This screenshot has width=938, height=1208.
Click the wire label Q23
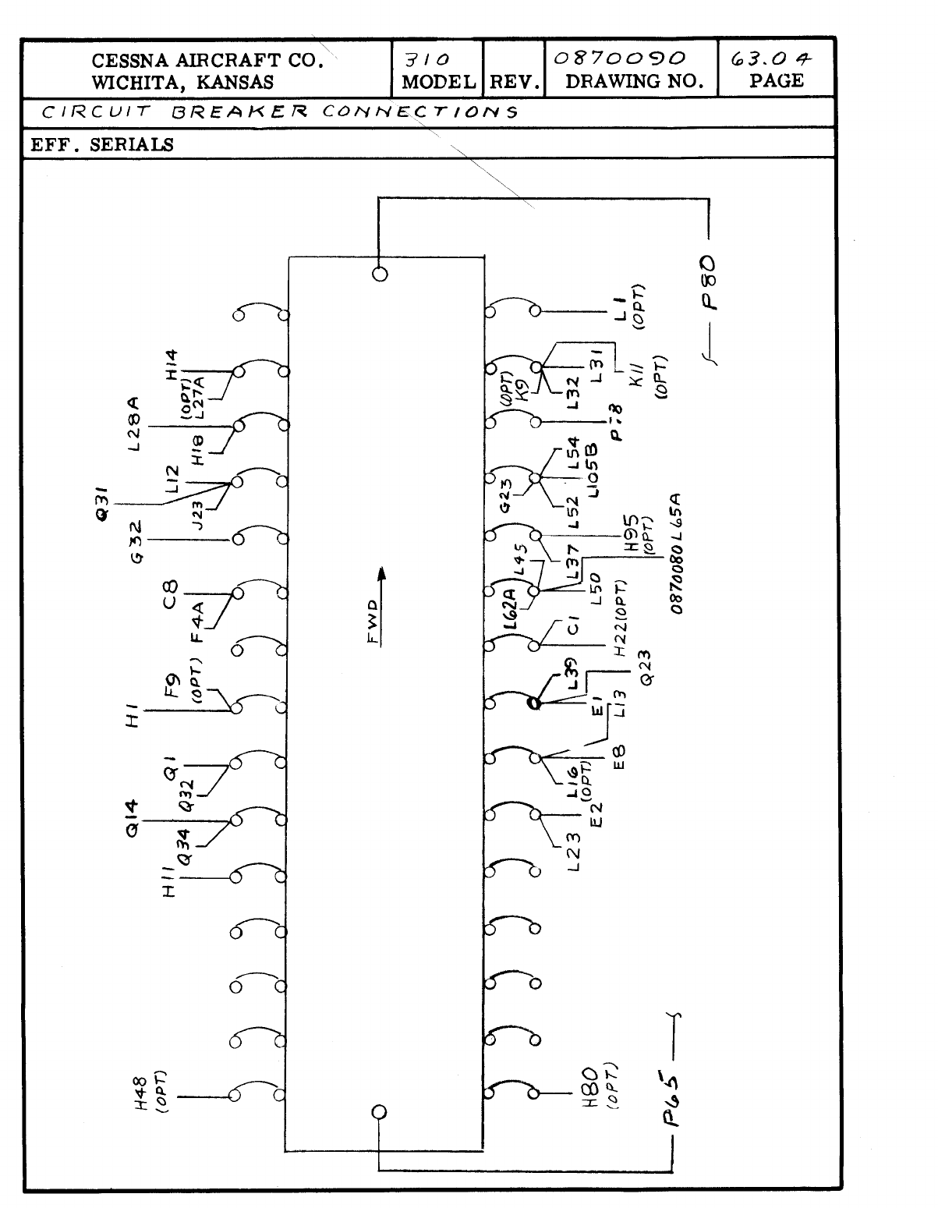[x=647, y=668]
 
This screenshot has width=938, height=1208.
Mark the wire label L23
[x=575, y=855]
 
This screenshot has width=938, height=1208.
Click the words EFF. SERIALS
[x=102, y=145]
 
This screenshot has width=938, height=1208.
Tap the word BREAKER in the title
[x=239, y=112]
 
